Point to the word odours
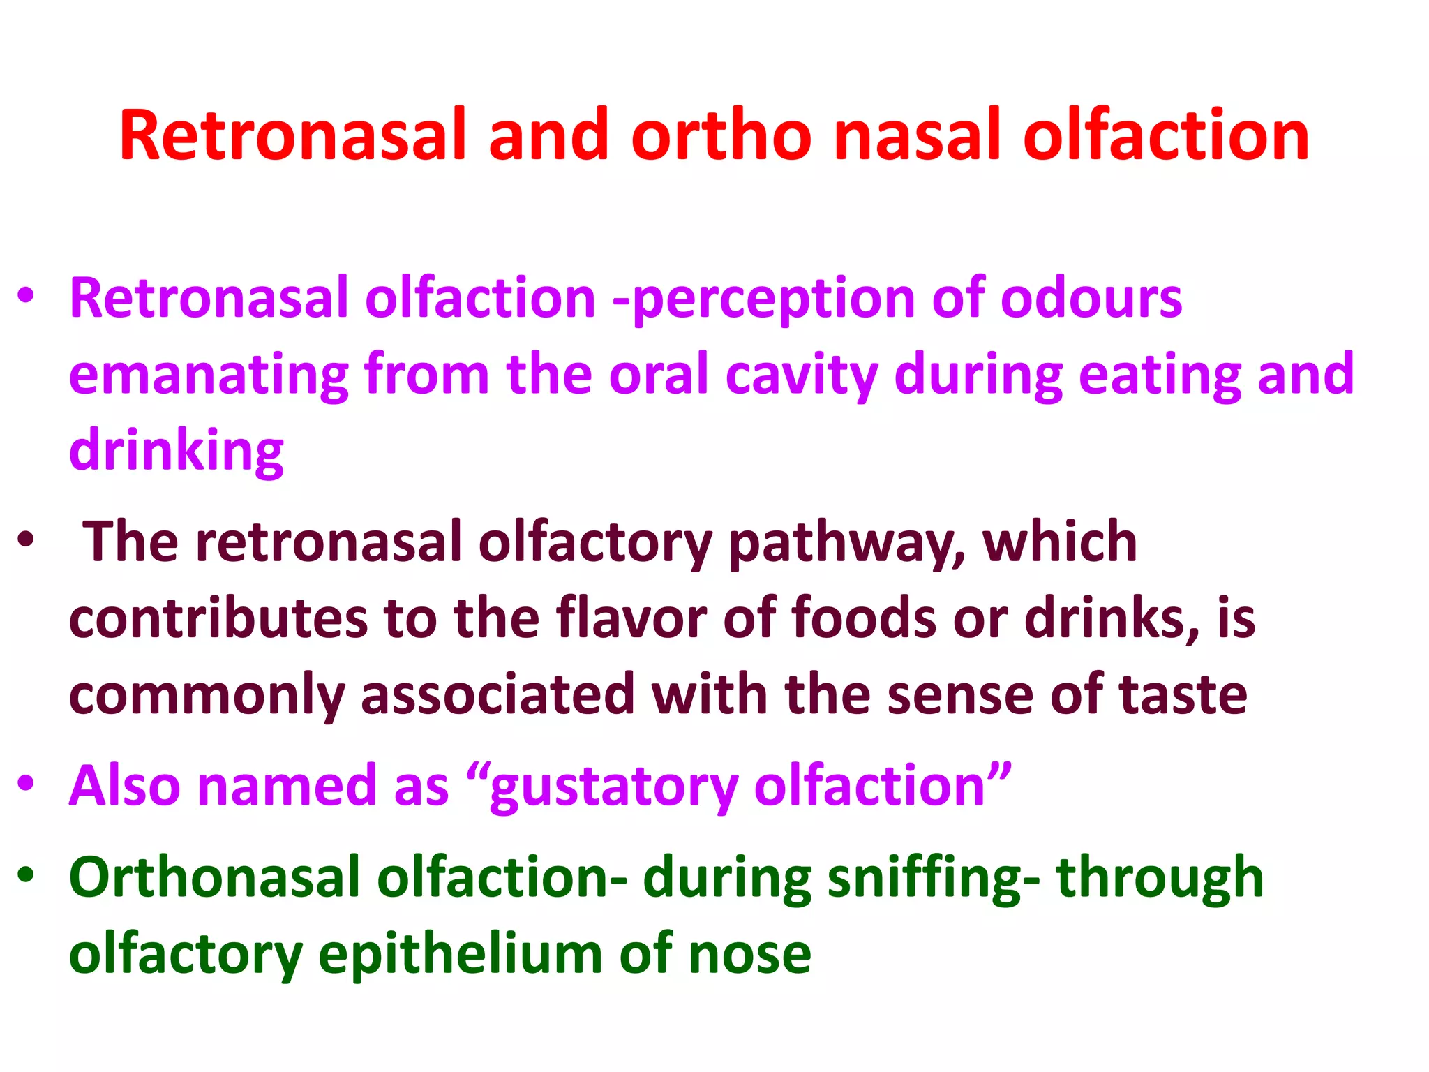[1091, 299]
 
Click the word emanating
[209, 375]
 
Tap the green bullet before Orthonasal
[26, 874]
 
